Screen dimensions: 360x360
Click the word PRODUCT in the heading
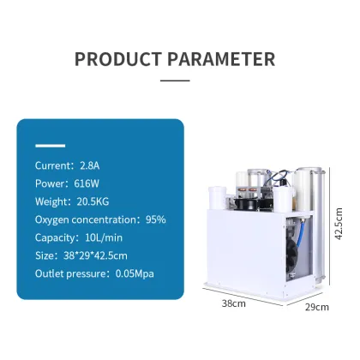[117, 59]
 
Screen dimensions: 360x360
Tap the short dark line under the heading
[175, 81]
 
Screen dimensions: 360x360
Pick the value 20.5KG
[93, 201]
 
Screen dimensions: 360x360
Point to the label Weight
[51, 201]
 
